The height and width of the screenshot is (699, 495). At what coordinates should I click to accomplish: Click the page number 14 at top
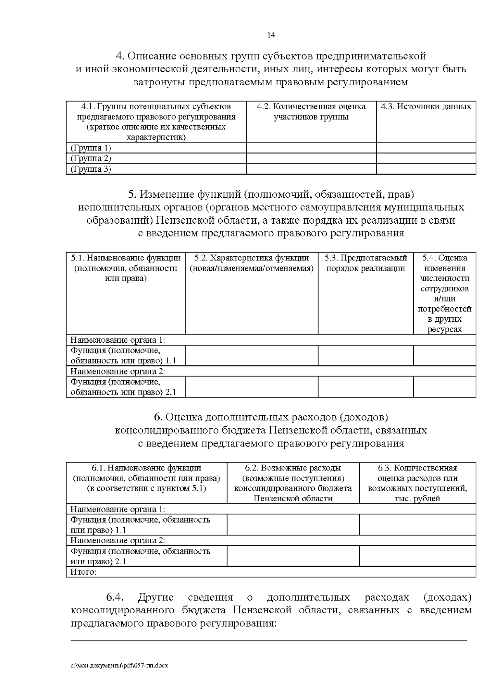(x=271, y=35)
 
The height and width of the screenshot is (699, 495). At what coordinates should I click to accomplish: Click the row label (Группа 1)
(x=91, y=148)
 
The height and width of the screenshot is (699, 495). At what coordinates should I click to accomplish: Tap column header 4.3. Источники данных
(x=426, y=107)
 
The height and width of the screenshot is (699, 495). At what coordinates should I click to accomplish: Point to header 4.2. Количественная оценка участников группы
(x=311, y=112)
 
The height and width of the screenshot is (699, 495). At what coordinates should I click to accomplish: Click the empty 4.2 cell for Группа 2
(x=311, y=159)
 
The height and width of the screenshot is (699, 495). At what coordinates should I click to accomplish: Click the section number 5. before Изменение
(x=132, y=194)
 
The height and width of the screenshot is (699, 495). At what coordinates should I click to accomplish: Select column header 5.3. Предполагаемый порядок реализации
(x=365, y=263)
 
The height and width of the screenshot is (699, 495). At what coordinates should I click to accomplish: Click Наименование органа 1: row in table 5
(x=118, y=340)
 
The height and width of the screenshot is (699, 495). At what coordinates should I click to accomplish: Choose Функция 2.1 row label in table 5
(x=123, y=387)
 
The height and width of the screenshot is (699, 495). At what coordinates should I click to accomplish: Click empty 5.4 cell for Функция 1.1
(x=444, y=355)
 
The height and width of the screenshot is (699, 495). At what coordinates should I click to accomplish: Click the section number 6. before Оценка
(x=158, y=417)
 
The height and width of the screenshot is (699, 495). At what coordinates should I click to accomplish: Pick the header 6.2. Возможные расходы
(x=293, y=468)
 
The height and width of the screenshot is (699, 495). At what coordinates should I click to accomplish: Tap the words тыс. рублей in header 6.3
(x=417, y=499)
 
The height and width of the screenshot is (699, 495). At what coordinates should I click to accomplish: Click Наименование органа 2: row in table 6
(x=118, y=540)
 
